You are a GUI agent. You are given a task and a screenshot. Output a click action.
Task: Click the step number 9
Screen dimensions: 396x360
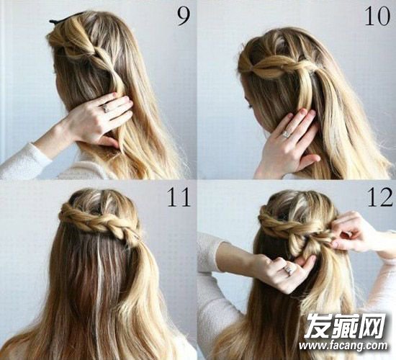tap(184, 17)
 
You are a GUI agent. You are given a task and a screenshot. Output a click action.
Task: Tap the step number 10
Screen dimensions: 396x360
tap(377, 17)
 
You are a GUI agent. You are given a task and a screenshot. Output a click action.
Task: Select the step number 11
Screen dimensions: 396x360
tap(179, 197)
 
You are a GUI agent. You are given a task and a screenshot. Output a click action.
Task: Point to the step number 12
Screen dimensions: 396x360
tap(379, 197)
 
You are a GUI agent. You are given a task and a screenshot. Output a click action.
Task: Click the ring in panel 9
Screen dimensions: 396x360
tap(105, 109)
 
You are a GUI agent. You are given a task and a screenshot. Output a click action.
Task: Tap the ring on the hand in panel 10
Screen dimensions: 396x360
tap(286, 133)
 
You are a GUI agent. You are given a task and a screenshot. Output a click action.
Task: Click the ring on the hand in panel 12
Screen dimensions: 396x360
tap(289, 269)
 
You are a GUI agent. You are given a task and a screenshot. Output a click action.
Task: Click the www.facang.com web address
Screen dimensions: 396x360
tap(343, 345)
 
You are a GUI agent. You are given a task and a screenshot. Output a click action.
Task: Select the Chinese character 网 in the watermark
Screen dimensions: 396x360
tap(372, 326)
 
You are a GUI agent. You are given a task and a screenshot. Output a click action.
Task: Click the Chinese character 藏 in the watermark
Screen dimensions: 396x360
tap(345, 326)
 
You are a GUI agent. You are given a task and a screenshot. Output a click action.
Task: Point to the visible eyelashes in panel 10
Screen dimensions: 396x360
tap(250, 105)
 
